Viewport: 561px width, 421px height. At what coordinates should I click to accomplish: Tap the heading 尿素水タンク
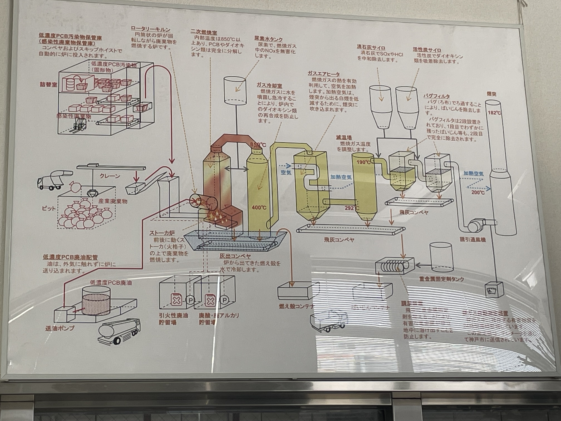coord(269,39)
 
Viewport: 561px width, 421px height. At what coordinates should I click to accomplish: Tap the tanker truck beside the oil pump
coord(119,330)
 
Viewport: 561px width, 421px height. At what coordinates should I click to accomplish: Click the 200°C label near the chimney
coord(478,192)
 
